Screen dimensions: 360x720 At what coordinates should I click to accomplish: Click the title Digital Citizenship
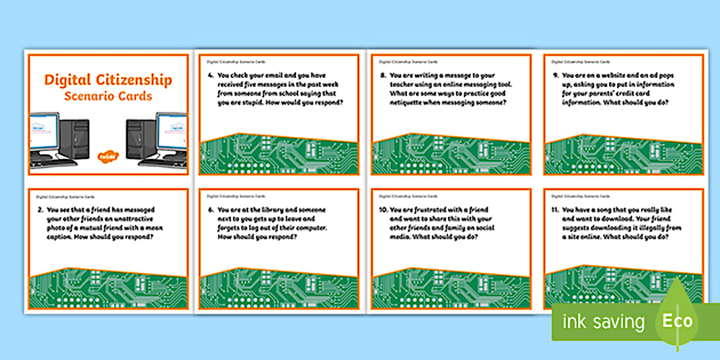pyautogui.click(x=108, y=79)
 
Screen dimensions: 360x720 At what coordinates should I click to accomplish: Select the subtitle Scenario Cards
pyautogui.click(x=108, y=95)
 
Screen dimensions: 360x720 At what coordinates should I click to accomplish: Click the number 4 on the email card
pyautogui.click(x=209, y=75)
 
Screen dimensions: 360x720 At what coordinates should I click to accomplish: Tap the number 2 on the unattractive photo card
pyautogui.click(x=39, y=210)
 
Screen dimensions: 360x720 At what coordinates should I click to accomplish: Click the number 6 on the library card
pyautogui.click(x=209, y=210)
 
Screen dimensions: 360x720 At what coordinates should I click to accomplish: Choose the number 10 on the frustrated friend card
pyautogui.click(x=381, y=210)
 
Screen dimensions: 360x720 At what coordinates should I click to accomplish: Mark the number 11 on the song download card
pyautogui.click(x=553, y=210)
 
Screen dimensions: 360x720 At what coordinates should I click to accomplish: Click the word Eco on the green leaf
pyautogui.click(x=677, y=321)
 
